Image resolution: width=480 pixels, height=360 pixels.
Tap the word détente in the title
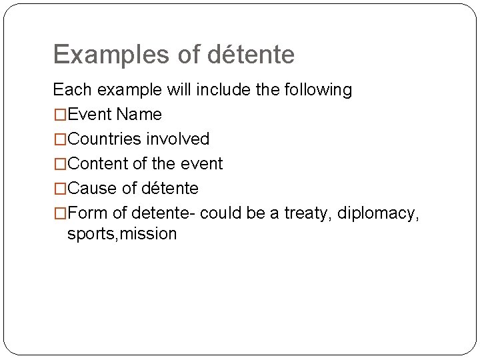[251, 55]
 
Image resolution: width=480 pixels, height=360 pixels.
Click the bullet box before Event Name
[60, 115]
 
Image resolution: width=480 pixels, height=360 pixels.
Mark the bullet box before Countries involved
[60, 139]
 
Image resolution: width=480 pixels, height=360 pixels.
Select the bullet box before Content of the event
[60, 164]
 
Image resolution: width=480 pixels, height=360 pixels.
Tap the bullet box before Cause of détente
[60, 189]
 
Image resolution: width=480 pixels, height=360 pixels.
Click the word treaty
[308, 213]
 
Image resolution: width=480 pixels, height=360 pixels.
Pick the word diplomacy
[379, 214]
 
